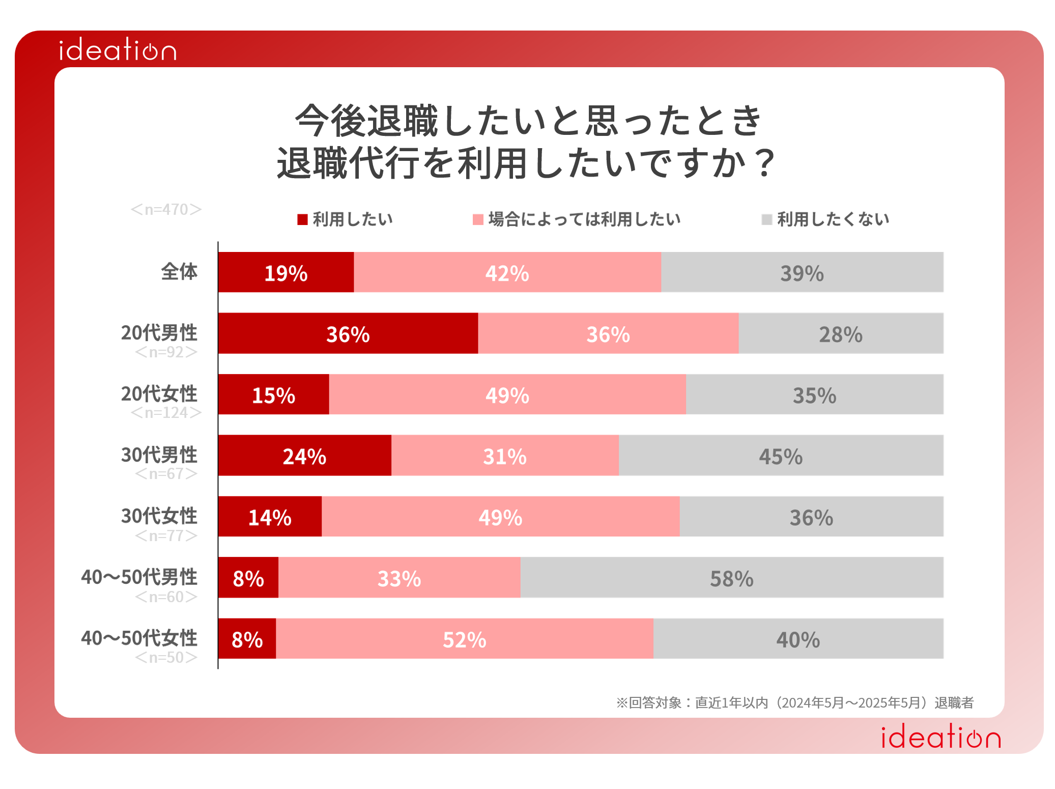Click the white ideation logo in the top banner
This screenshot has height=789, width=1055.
click(x=118, y=50)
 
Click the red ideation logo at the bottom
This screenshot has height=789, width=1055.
click(x=940, y=738)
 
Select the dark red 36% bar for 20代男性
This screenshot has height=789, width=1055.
click(x=348, y=333)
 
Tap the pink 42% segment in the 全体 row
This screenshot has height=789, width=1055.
click(x=507, y=272)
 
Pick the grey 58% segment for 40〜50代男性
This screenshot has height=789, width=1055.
click(x=732, y=578)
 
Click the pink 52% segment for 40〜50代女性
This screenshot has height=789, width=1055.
click(x=465, y=639)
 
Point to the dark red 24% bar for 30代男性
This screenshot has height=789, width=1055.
click(x=304, y=456)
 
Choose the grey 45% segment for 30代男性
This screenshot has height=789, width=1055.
click(x=781, y=456)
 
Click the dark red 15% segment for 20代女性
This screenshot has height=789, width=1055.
click(x=274, y=394)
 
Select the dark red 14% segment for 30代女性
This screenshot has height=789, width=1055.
click(x=270, y=517)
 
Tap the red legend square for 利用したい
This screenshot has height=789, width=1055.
click(x=303, y=219)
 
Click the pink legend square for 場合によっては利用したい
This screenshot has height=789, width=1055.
click(x=478, y=219)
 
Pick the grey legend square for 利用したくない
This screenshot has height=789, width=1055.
click(x=766, y=219)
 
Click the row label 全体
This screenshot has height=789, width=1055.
click(x=179, y=271)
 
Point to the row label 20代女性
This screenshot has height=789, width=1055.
click(x=159, y=393)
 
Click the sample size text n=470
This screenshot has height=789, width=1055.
click(x=166, y=209)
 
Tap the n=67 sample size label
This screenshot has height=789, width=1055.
click(x=166, y=474)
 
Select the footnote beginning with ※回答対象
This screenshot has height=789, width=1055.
click(x=794, y=702)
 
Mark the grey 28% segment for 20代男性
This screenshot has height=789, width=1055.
click(x=841, y=333)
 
